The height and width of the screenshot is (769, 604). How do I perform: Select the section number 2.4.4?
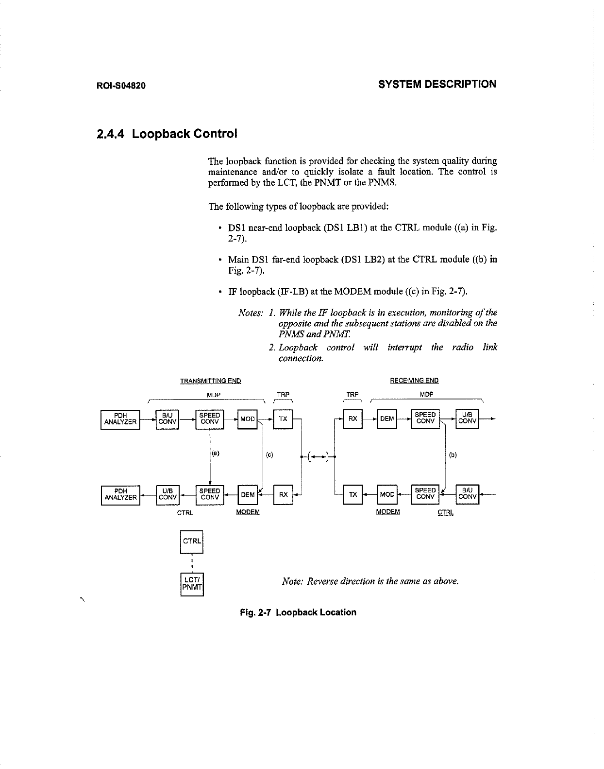(111, 134)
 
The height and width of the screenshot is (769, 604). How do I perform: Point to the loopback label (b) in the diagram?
(453, 455)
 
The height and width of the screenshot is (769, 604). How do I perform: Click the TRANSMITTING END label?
(210, 381)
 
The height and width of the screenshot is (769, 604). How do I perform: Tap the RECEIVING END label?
(414, 380)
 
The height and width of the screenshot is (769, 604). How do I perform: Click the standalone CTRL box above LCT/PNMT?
(192, 541)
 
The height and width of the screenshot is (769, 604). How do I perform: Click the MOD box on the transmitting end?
(248, 419)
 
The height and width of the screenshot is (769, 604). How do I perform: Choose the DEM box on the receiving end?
(387, 419)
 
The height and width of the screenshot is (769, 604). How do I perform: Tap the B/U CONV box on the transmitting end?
(167, 419)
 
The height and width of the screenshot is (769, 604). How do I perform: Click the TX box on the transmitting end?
(283, 419)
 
